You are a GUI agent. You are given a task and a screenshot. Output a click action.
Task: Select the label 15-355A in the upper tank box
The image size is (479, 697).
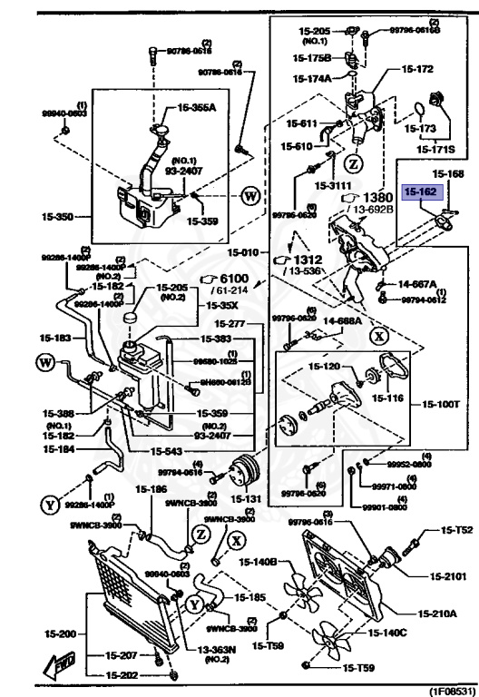(x=197, y=106)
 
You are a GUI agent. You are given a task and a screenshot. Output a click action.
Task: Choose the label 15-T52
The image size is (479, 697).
(x=457, y=529)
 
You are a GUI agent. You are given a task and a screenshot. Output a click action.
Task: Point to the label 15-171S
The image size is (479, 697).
(x=435, y=147)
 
